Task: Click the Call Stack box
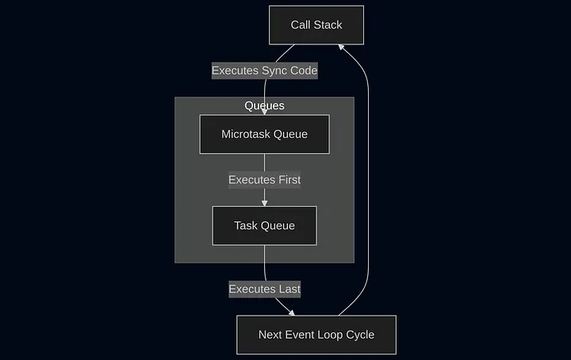316,25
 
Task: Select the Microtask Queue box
264,134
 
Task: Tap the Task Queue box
264,226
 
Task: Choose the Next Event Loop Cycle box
316,335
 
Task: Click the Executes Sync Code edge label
264,71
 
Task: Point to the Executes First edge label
264,180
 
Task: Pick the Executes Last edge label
264,289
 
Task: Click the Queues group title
264,105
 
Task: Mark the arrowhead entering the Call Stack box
341,48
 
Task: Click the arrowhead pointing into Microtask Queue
264,112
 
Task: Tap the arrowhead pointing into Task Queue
264,203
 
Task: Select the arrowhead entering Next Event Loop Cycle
291,312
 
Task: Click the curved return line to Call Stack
369,182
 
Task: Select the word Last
288,289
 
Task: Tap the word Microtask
246,134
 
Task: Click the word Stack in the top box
328,25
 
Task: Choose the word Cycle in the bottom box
359,335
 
